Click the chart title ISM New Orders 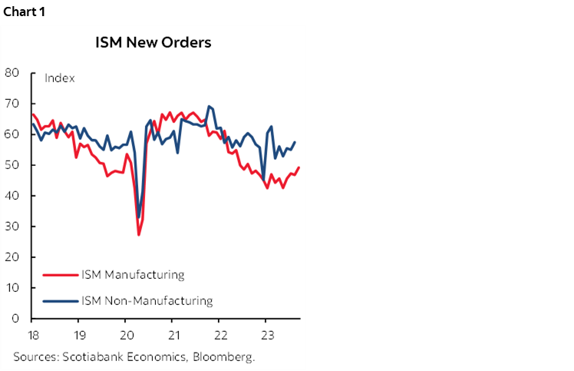pyautogui.click(x=153, y=42)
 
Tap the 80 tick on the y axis pyautogui.click(x=12, y=73)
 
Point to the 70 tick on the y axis pyautogui.click(x=12, y=104)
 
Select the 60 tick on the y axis pyautogui.click(x=12, y=134)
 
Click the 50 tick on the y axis pyautogui.click(x=12, y=165)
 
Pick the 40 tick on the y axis pyautogui.click(x=12, y=196)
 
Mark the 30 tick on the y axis pyautogui.click(x=12, y=227)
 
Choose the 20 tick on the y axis pyautogui.click(x=12, y=257)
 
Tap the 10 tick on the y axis pyautogui.click(x=12, y=288)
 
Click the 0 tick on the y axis pyautogui.click(x=15, y=318)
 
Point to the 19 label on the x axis pyautogui.click(x=79, y=335)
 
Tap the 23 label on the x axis pyautogui.click(x=265, y=335)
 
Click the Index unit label pyautogui.click(x=59, y=78)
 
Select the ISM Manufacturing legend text pyautogui.click(x=132, y=274)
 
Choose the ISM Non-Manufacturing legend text pyautogui.click(x=146, y=300)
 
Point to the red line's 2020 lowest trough pyautogui.click(x=139, y=234)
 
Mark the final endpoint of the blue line pyautogui.click(x=295, y=142)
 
